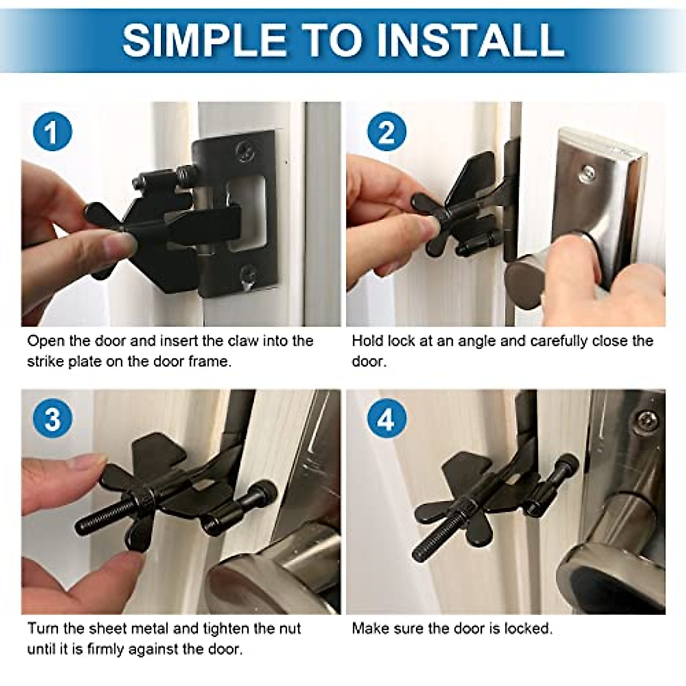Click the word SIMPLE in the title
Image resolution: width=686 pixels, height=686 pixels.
(x=204, y=39)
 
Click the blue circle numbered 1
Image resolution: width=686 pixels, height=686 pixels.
(x=53, y=131)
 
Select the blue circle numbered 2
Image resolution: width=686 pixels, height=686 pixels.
(x=386, y=131)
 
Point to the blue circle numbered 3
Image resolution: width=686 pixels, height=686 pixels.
(x=53, y=418)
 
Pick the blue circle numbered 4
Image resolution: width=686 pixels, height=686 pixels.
(x=386, y=418)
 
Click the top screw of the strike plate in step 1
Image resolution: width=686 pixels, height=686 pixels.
(x=246, y=150)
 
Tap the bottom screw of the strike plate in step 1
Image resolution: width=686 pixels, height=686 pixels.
(x=248, y=273)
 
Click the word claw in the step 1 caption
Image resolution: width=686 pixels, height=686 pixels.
(x=242, y=341)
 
